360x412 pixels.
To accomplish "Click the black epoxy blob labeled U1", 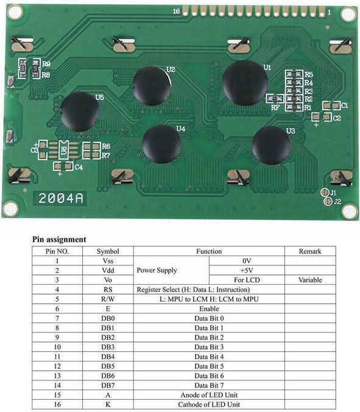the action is click(x=245, y=83).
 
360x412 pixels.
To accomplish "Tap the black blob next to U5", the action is click(x=80, y=111).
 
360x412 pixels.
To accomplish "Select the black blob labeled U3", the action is click(x=271, y=145).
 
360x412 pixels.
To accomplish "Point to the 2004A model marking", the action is click(x=61, y=198).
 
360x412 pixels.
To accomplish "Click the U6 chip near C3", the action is click(x=63, y=150).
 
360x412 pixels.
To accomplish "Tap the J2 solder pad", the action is click(x=328, y=201).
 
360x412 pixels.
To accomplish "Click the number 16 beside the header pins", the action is click(x=176, y=11).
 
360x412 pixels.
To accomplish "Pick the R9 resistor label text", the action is click(x=46, y=64).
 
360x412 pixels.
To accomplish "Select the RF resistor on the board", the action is click(x=275, y=99).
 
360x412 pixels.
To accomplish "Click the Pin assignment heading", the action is click(x=59, y=239).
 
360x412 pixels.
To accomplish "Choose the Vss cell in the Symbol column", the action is click(x=108, y=261).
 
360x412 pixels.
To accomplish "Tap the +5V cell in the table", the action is click(x=247, y=270).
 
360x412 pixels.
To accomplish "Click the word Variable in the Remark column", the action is click(x=310, y=280).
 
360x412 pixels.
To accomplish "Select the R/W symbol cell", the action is click(x=108, y=299).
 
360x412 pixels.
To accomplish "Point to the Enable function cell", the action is click(x=209, y=309).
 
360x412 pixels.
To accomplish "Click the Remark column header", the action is click(x=310, y=251).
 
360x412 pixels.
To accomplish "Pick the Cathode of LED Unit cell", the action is click(x=209, y=404).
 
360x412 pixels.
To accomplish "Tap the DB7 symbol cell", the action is click(x=108, y=385).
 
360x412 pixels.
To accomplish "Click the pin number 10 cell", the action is click(x=57, y=347).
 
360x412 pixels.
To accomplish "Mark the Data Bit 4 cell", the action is click(x=209, y=357).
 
